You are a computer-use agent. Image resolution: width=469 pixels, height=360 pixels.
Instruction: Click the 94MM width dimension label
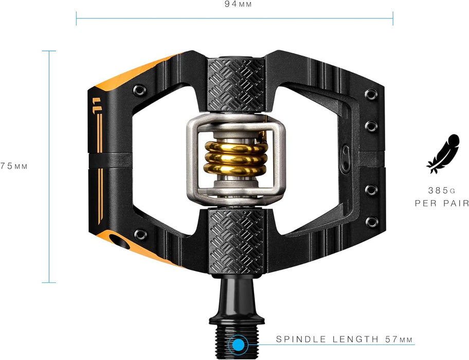[234, 5]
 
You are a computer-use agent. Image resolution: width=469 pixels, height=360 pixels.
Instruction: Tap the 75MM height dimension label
[14, 166]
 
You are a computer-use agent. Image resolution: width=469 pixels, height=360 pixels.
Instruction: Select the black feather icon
[442, 153]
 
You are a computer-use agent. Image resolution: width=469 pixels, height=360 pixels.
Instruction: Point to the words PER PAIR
[442, 203]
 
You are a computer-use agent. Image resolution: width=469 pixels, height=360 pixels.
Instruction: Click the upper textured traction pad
[236, 85]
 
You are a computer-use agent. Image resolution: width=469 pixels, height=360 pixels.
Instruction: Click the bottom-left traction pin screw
[140, 235]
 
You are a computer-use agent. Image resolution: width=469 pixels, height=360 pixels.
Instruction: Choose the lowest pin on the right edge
[371, 222]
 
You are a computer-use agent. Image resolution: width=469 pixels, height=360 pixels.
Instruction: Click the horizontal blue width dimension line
[234, 19]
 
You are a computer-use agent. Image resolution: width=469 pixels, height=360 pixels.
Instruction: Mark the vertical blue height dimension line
[49, 166]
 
